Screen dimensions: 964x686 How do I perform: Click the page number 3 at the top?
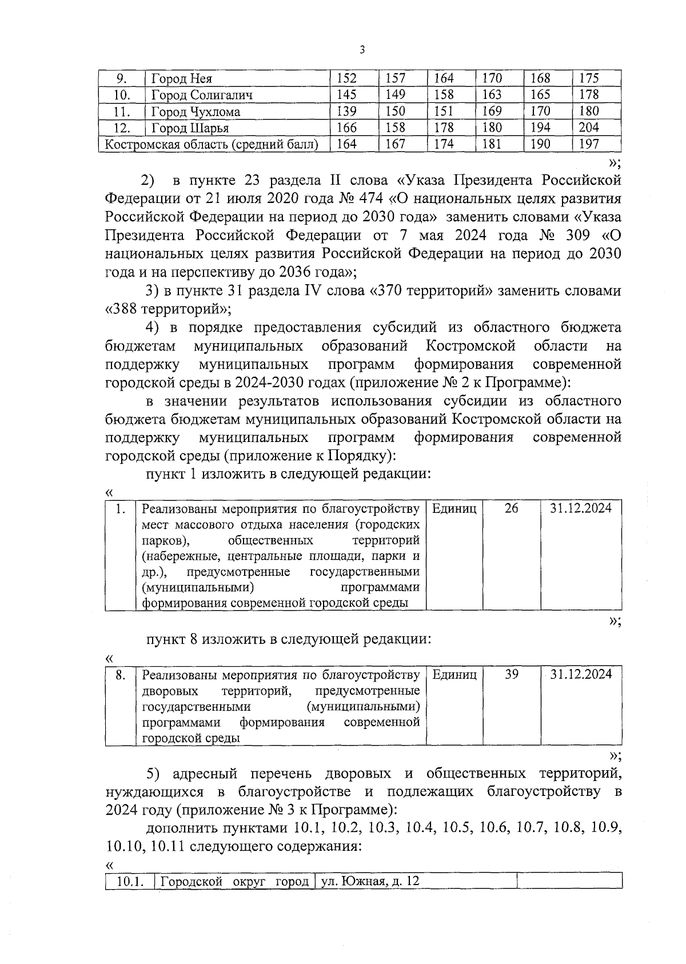[x=361, y=50]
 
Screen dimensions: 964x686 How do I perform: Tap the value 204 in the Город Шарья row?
[x=589, y=128]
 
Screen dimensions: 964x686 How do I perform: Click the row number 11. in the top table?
[x=122, y=111]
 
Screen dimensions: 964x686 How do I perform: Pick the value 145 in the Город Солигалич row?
[x=346, y=94]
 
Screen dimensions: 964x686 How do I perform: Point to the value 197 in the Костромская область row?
[x=589, y=144]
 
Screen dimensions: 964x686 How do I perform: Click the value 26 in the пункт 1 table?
[x=512, y=508]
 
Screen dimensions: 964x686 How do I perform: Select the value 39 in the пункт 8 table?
[x=512, y=675]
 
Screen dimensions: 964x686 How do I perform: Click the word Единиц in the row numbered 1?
[x=454, y=508]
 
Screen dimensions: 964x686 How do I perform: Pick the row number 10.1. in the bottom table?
[x=129, y=897]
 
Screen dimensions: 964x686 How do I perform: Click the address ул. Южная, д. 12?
[x=370, y=897]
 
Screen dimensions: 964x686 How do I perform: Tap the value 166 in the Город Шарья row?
[x=346, y=128]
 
